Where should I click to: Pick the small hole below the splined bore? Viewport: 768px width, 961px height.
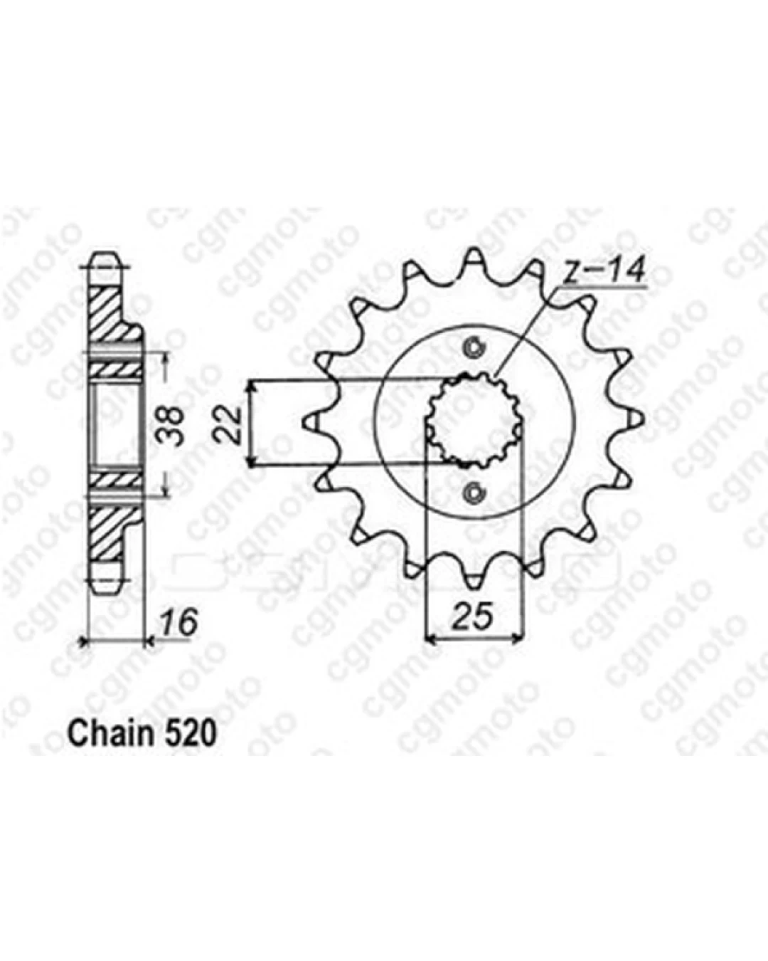[x=474, y=492]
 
